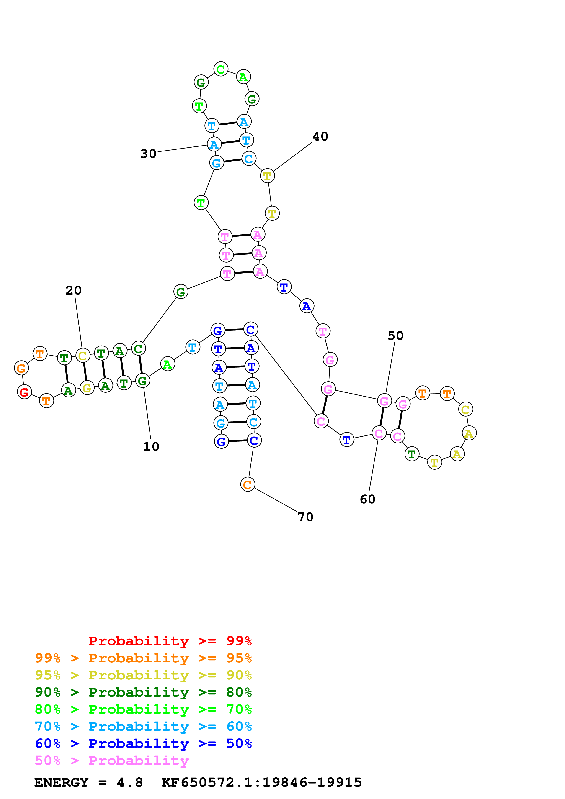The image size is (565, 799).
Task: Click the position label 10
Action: click(151, 446)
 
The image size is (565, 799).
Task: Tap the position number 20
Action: click(73, 290)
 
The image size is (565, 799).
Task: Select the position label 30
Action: click(148, 154)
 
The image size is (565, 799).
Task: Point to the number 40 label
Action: click(320, 136)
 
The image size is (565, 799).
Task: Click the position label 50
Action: click(395, 335)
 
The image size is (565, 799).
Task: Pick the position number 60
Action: click(368, 499)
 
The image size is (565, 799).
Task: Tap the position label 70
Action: click(305, 517)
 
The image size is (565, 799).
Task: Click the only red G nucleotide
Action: click(24, 392)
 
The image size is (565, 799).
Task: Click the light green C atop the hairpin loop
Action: click(221, 69)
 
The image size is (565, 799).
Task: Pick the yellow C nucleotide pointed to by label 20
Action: click(83, 356)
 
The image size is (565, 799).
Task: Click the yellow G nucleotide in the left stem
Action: click(87, 387)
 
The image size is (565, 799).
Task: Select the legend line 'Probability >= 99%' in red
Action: click(170, 641)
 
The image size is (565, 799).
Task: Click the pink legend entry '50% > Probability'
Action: click(112, 760)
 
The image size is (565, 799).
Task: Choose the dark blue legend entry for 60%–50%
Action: click(143, 743)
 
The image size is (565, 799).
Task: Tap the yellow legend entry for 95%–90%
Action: click(143, 675)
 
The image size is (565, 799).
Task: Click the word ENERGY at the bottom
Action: click(61, 782)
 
